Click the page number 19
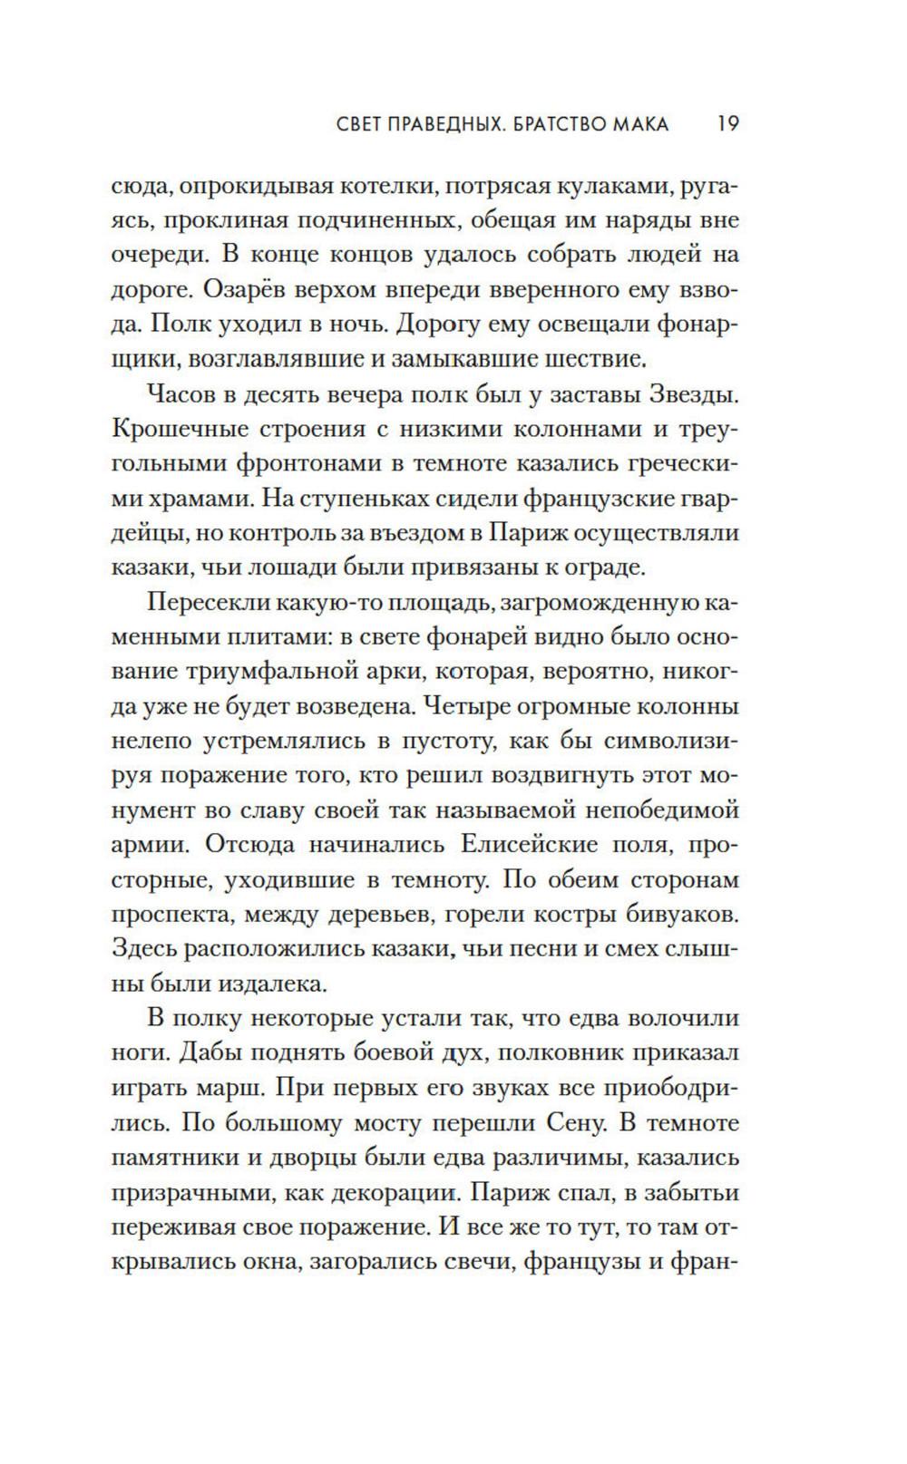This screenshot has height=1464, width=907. point(727,123)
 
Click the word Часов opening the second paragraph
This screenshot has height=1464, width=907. point(180,395)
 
